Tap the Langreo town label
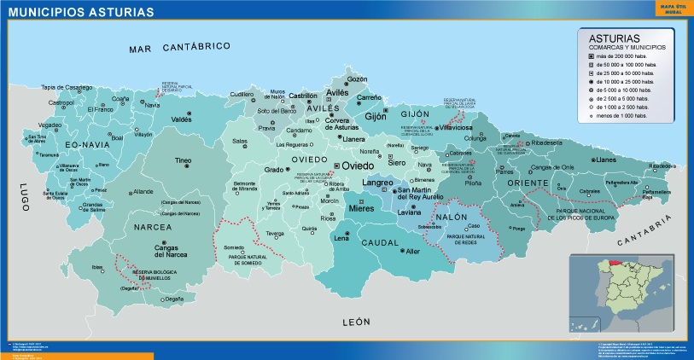tap(378, 183)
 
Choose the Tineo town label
tap(183, 160)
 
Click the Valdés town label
tap(182, 119)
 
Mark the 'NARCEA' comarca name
tap(153, 227)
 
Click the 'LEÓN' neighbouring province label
tap(355, 322)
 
